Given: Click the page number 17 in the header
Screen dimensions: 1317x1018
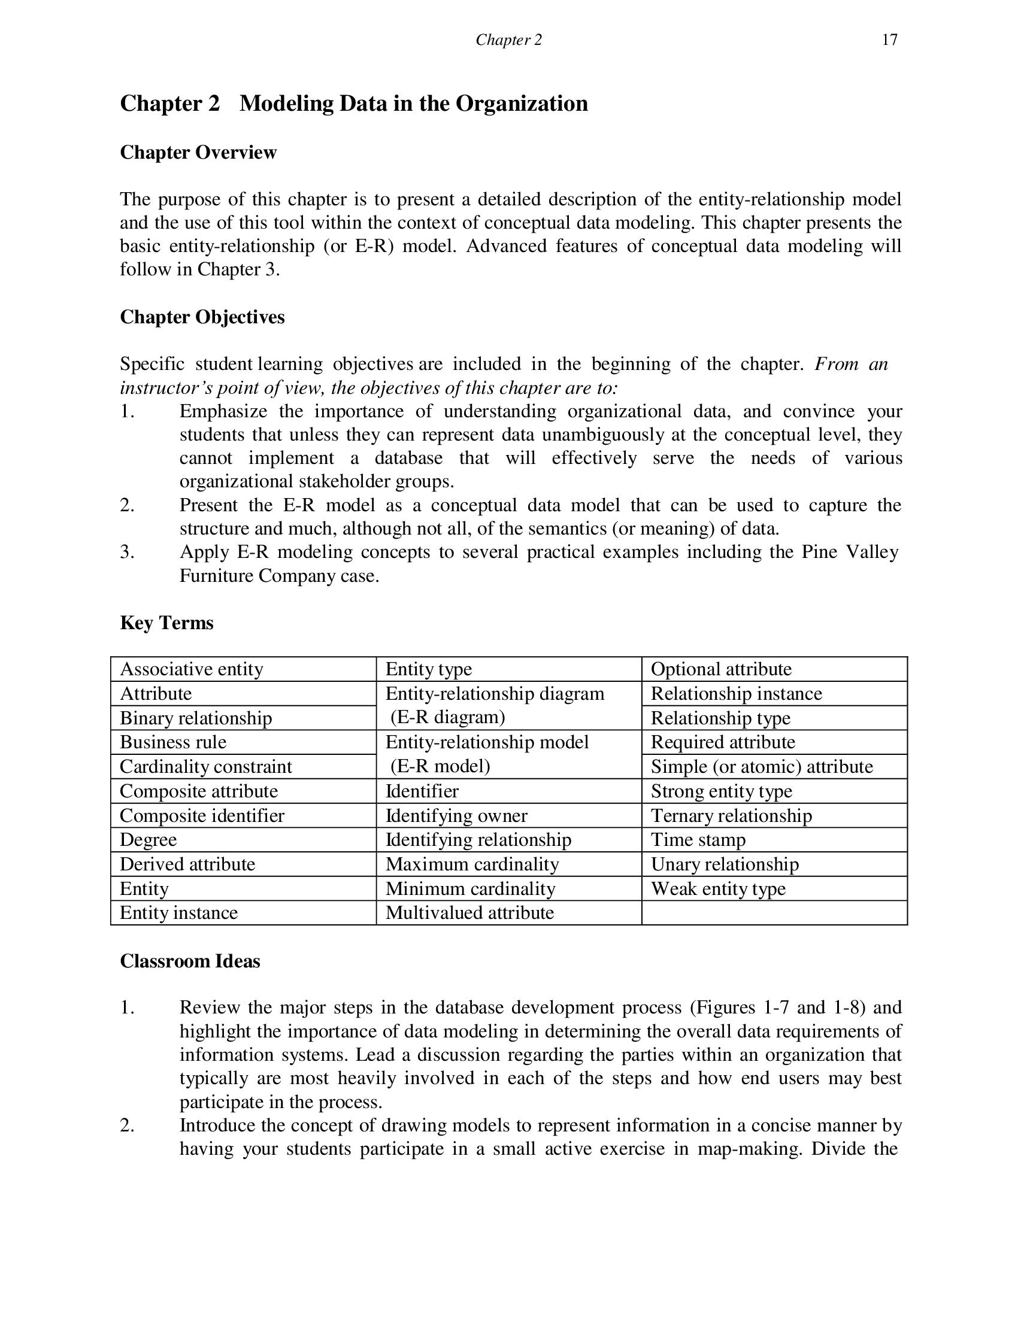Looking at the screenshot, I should point(889,40).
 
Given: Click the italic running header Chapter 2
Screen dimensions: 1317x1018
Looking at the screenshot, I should point(508,40).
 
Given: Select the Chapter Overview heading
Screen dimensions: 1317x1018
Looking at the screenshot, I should point(198,153).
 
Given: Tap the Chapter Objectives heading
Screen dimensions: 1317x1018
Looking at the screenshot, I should point(202,317).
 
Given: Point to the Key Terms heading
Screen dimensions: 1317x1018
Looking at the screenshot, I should point(166,623).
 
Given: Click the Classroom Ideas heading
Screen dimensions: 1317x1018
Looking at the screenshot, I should point(190,961).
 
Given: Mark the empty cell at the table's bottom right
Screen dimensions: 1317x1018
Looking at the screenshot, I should point(774,913).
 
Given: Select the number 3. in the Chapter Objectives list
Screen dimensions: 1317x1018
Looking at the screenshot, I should point(126,553).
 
